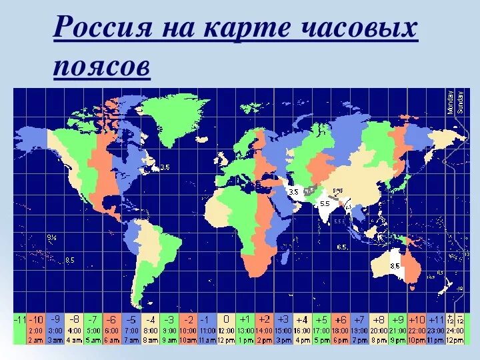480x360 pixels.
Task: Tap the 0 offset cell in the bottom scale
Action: [227, 319]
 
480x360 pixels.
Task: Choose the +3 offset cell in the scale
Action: [284, 319]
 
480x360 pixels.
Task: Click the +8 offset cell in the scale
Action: [379, 319]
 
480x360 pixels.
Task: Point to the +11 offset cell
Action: [436, 319]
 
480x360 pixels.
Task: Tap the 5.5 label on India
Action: [325, 203]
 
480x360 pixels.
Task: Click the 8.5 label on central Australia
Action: [395, 265]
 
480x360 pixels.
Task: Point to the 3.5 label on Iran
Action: [293, 191]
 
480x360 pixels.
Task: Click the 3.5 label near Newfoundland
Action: [165, 168]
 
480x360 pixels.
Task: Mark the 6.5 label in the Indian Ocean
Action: [342, 247]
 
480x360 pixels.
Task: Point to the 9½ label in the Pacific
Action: [52, 237]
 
